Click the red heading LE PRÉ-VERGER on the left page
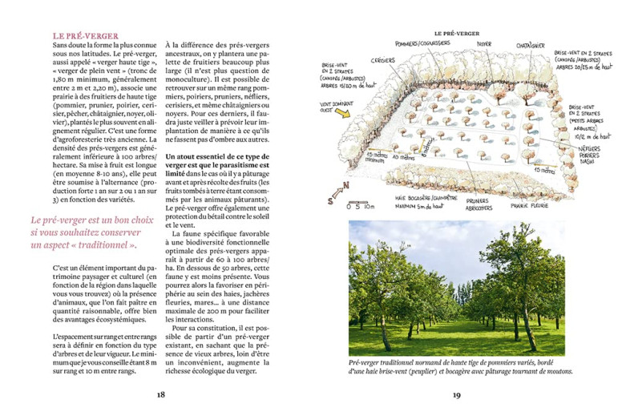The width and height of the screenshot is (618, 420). pyautogui.click(x=86, y=36)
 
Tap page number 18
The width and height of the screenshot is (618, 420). pyautogui.click(x=160, y=394)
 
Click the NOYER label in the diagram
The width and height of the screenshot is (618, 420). pyautogui.click(x=483, y=44)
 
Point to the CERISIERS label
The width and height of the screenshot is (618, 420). pyautogui.click(x=382, y=59)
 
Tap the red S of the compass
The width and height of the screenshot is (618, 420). pyautogui.click(x=330, y=202)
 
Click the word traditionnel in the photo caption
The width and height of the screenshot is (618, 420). pyautogui.click(x=399, y=363)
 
